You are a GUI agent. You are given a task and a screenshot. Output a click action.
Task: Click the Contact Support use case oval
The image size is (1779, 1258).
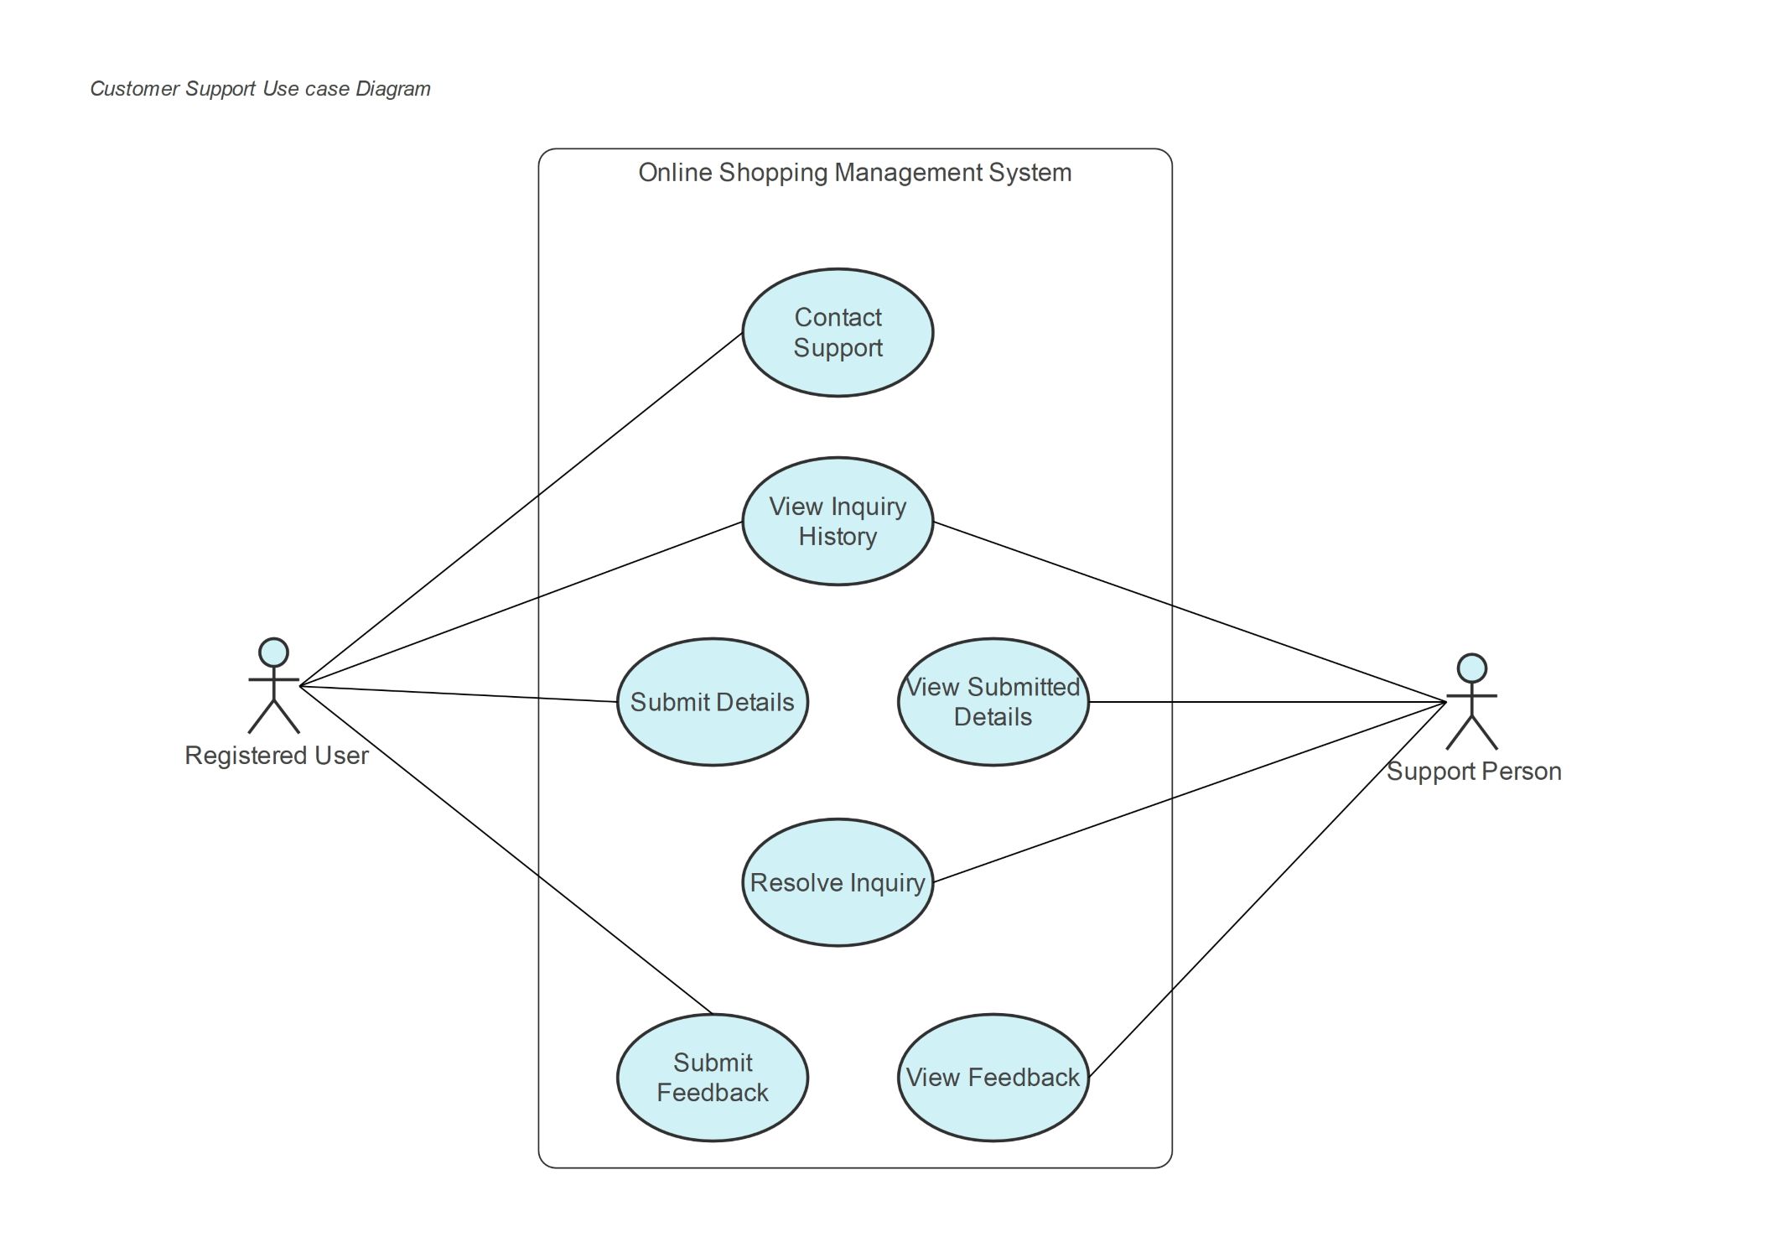[x=838, y=333]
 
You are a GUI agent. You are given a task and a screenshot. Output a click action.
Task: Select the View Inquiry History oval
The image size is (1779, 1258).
[x=838, y=521]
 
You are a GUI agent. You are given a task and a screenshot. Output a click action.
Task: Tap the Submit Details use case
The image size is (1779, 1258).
[x=713, y=702]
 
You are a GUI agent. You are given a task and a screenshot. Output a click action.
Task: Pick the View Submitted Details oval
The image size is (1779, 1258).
[x=993, y=702]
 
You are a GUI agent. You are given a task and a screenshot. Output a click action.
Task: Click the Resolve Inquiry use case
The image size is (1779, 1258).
[x=838, y=882]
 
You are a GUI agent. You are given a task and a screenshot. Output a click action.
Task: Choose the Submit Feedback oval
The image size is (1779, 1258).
[x=713, y=1078]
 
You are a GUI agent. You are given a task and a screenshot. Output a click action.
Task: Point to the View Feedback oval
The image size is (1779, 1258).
[x=993, y=1078]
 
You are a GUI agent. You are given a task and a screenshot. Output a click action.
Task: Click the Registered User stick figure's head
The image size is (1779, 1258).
[x=273, y=652]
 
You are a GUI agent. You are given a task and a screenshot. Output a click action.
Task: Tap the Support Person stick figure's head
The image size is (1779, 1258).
[x=1472, y=668]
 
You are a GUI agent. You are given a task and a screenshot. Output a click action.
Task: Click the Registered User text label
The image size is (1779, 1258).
[x=277, y=756]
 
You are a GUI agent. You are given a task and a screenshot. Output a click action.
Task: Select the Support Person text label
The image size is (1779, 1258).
[x=1474, y=772]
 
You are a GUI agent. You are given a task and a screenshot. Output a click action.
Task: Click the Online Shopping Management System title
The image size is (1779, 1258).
[x=855, y=173]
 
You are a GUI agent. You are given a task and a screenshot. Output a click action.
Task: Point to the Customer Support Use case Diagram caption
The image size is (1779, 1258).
[x=260, y=89]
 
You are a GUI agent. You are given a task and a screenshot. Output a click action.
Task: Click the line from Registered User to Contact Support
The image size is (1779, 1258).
[x=521, y=510]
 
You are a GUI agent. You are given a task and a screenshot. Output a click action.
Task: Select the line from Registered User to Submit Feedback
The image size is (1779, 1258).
[x=506, y=851]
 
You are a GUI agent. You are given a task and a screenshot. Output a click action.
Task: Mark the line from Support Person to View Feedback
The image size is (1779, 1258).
[x=1268, y=889]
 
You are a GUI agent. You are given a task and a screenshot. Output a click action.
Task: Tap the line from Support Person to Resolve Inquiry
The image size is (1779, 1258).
[x=1190, y=792]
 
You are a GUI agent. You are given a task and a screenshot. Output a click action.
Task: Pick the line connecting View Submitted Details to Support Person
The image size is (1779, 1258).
[x=1268, y=702]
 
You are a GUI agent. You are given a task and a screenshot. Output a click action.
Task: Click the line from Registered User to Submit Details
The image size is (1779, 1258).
[x=459, y=694]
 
